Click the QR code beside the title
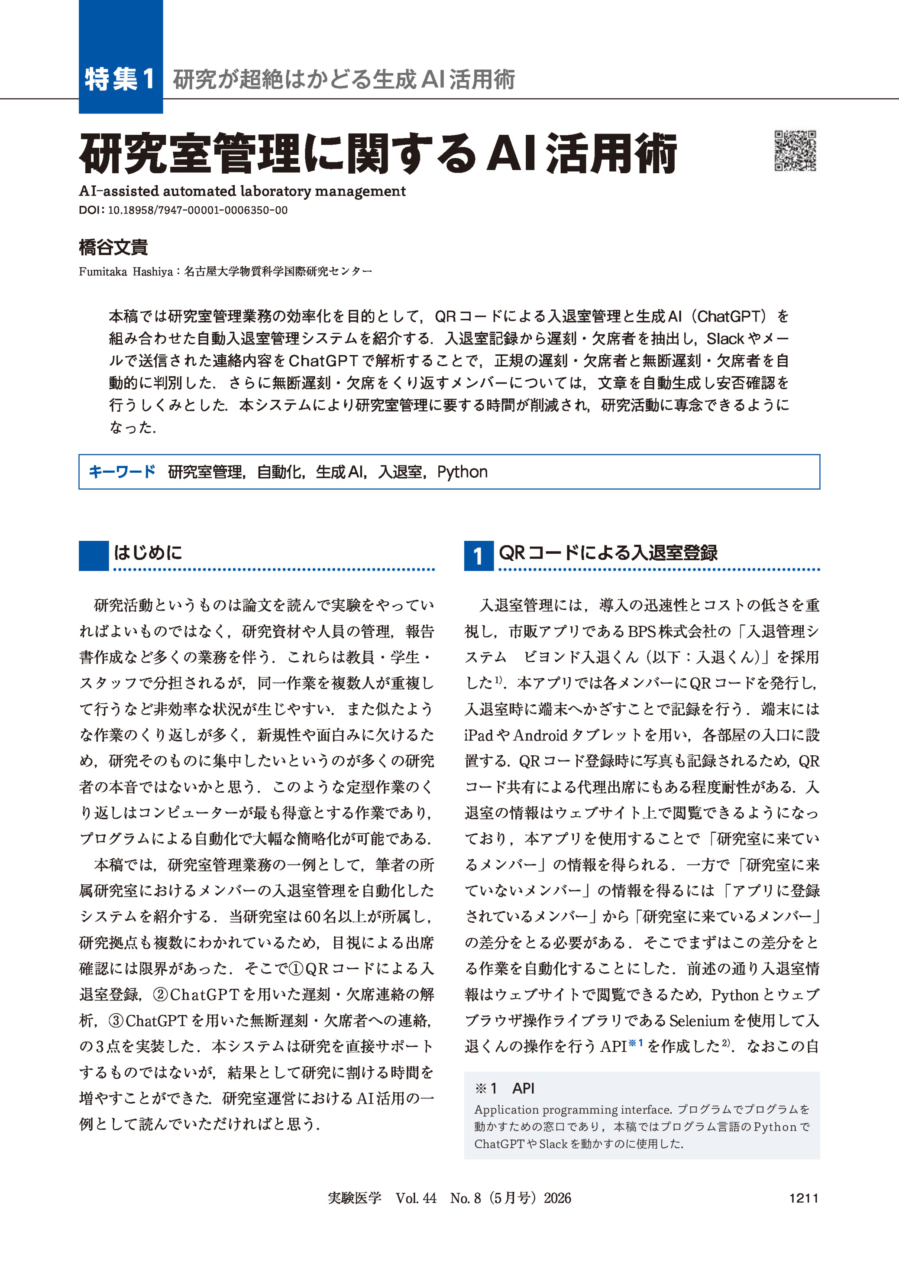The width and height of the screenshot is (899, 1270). (795, 151)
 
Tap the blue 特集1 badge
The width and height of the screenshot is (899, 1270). (120, 79)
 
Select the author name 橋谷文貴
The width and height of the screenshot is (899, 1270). (113, 247)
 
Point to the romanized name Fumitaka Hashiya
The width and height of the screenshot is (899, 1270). (126, 271)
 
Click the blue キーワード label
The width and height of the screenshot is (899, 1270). (122, 472)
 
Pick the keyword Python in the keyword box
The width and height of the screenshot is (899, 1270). (462, 472)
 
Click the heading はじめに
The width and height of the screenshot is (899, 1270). (148, 552)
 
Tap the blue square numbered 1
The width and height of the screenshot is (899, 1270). (478, 555)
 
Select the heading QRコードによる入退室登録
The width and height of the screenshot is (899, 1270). (608, 552)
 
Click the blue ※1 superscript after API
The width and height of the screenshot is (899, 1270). (636, 1043)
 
